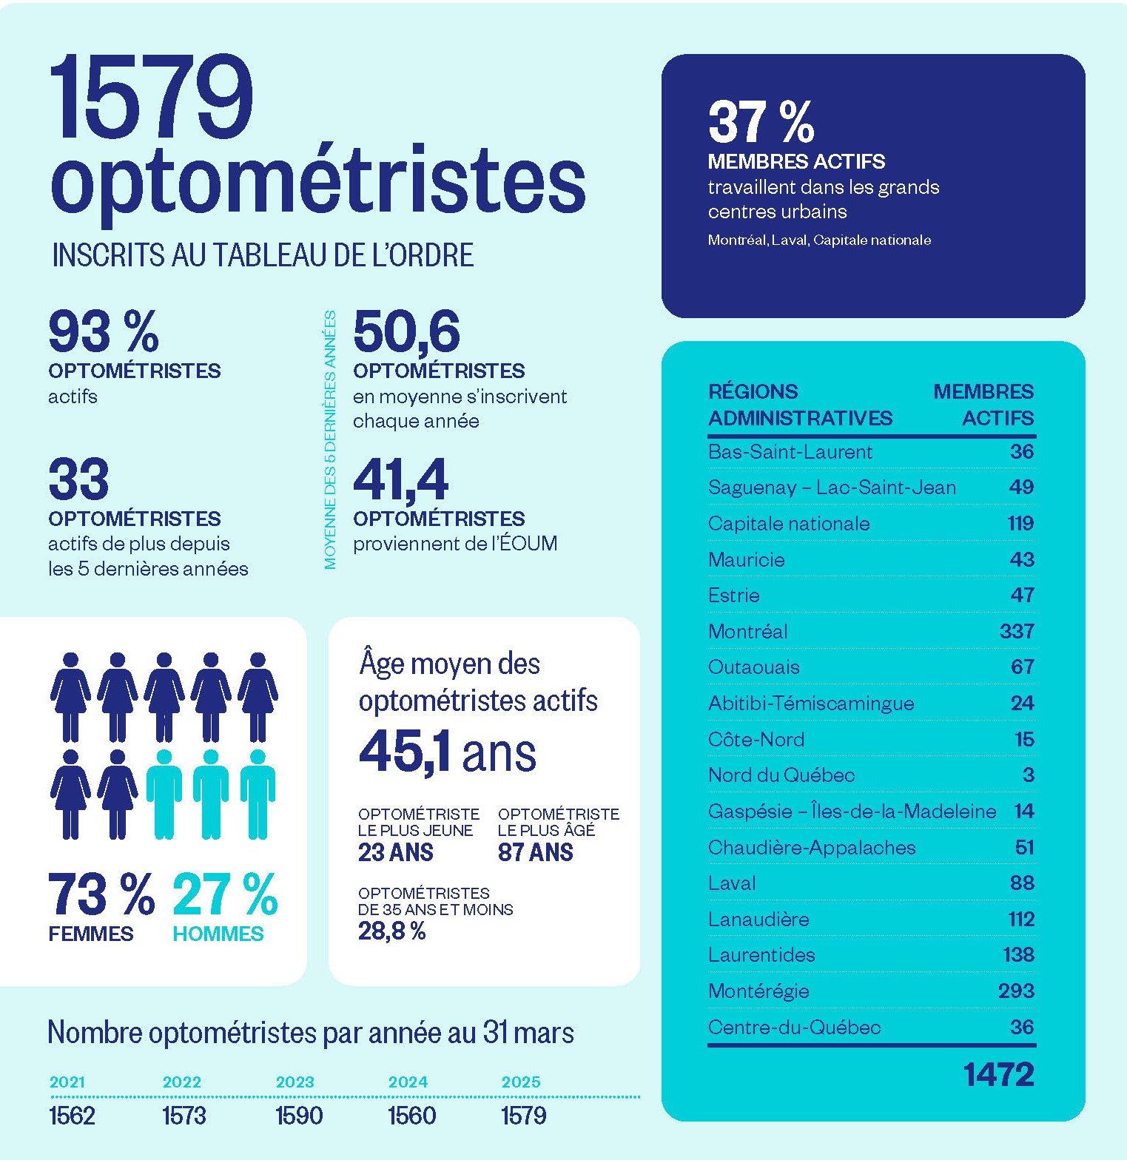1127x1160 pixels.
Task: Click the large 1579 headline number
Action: (152, 99)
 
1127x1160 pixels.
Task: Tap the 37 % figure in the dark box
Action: (761, 122)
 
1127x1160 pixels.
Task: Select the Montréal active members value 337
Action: (1016, 631)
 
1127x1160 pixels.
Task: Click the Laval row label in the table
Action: (732, 883)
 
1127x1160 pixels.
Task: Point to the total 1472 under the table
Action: (998, 1075)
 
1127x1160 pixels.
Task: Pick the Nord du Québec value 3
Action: (1028, 775)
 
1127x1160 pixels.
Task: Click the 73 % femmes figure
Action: (101, 895)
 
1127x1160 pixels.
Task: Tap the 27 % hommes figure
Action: (225, 895)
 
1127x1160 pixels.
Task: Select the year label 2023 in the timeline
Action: (295, 1082)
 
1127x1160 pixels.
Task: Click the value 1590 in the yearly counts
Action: (299, 1116)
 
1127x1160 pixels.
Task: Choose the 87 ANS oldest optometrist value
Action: (535, 853)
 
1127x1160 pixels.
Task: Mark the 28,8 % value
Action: (391, 931)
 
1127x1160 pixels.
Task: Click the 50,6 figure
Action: (406, 332)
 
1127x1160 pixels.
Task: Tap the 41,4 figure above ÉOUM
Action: (400, 481)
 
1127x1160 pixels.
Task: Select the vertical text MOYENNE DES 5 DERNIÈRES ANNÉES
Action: (330, 440)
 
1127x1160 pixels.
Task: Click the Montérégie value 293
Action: (1015, 991)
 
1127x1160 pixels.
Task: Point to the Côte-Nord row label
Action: (756, 740)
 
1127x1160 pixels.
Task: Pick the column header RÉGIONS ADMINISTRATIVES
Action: (800, 405)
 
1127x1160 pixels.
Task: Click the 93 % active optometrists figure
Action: (104, 332)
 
